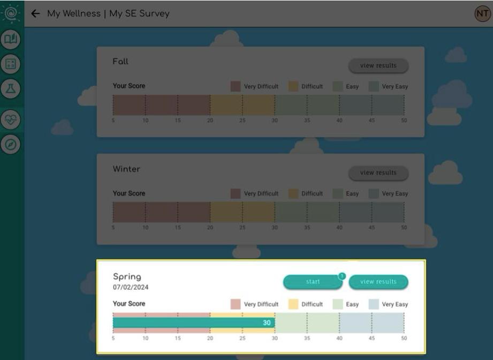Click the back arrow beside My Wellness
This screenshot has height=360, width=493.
[x=36, y=14]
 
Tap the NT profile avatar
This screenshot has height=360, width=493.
[x=482, y=14]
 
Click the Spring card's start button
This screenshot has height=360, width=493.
[x=313, y=282]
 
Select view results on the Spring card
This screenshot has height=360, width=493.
[x=378, y=282]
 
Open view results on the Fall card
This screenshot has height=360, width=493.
[x=378, y=66]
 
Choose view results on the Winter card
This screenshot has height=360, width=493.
[x=378, y=173]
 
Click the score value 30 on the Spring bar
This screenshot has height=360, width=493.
[x=267, y=323]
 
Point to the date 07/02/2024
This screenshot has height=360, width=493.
[x=131, y=288]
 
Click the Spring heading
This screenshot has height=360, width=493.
[x=127, y=277]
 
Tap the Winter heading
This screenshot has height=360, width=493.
[x=126, y=169]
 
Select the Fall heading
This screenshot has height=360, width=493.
[x=120, y=62]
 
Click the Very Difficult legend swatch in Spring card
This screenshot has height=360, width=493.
[x=236, y=304]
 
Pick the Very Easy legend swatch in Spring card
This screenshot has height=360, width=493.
[x=374, y=304]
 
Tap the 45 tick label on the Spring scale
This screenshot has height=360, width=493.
[x=371, y=339]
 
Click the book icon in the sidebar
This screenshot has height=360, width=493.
[x=11, y=39]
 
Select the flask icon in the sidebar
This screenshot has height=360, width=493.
[x=11, y=89]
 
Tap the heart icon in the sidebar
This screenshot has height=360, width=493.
[x=11, y=120]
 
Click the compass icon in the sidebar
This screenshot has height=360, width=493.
[x=11, y=145]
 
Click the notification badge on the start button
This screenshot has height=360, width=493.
[x=342, y=276]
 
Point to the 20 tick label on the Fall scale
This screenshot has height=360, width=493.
[x=210, y=121]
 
